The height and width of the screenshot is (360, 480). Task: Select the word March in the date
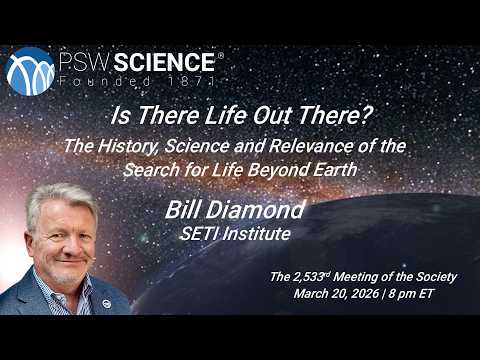pyautogui.click(x=315, y=294)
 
